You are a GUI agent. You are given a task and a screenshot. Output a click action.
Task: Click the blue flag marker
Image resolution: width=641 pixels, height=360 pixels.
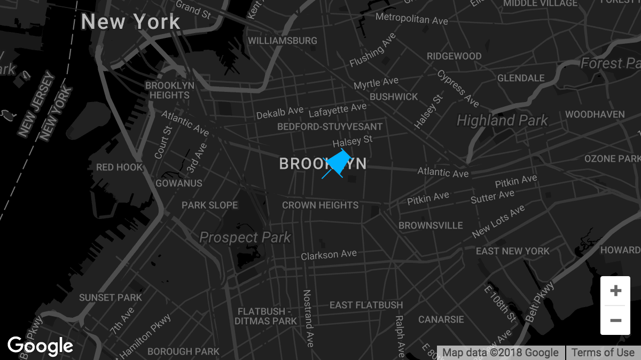coord(337,162)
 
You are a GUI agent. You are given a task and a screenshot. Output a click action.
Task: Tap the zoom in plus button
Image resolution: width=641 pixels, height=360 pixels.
coord(615,291)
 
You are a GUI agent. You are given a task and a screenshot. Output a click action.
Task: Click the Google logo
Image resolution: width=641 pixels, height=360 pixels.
coord(41,346)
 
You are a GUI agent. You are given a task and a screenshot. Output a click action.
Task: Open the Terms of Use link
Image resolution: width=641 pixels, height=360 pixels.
coord(603,353)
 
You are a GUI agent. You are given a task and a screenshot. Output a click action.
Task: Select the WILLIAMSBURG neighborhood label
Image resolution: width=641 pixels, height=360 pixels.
coord(283,41)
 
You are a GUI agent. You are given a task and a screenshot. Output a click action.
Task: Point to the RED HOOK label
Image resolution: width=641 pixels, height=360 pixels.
coord(120,167)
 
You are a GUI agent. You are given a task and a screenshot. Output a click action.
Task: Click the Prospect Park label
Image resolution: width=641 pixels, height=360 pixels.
coord(245,237)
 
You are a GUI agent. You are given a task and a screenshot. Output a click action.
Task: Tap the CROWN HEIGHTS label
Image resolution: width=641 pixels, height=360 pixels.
coord(320,205)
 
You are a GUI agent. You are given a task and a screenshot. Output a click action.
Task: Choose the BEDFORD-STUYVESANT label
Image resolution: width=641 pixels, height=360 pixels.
coord(330,127)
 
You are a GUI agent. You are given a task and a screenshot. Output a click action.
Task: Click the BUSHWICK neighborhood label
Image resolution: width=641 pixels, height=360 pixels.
coord(394,97)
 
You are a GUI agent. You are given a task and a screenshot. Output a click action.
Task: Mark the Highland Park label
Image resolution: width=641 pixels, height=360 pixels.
coord(502,121)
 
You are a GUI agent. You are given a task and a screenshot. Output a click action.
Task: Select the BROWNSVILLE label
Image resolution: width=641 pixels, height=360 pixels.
coord(431,225)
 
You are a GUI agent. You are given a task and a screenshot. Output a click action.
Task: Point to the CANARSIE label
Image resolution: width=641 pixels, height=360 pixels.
coord(441,319)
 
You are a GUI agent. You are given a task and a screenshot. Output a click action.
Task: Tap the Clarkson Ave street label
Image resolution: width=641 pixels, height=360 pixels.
coord(329,255)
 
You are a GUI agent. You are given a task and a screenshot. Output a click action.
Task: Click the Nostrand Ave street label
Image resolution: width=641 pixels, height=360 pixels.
coord(308,318)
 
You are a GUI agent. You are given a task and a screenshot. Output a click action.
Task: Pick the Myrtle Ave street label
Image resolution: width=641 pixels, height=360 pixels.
coord(376,83)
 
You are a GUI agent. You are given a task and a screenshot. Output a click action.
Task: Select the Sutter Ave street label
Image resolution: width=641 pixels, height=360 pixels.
coord(491,197)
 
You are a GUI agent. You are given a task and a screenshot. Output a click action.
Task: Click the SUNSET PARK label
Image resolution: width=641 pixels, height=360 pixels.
coord(111,298)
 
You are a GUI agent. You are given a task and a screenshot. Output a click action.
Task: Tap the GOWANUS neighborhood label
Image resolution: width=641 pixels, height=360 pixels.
coord(179,183)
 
